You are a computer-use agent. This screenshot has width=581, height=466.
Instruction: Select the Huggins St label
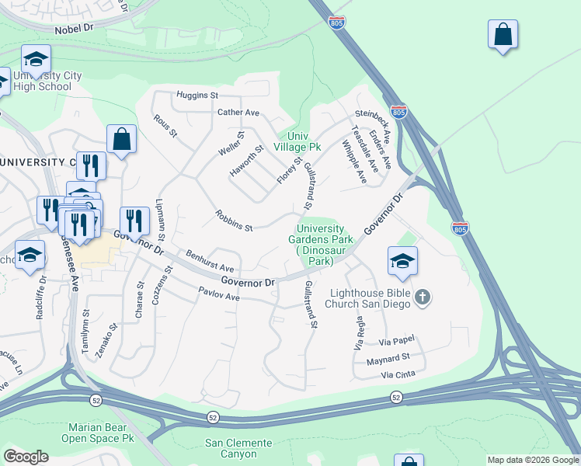[197, 96]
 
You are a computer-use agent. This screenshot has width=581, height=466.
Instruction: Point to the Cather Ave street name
[238, 113]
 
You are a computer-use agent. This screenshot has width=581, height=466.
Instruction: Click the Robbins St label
[235, 222]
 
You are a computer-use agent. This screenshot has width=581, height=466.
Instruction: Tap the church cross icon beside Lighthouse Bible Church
[422, 297]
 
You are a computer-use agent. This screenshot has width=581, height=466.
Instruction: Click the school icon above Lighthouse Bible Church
[402, 262]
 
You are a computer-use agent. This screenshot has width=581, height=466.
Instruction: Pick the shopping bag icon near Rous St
[122, 140]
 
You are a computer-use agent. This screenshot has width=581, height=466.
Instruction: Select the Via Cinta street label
[398, 376]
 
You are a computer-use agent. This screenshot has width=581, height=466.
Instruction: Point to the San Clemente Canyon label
[238, 449]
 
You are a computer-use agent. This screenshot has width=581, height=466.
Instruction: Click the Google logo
[26, 457]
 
